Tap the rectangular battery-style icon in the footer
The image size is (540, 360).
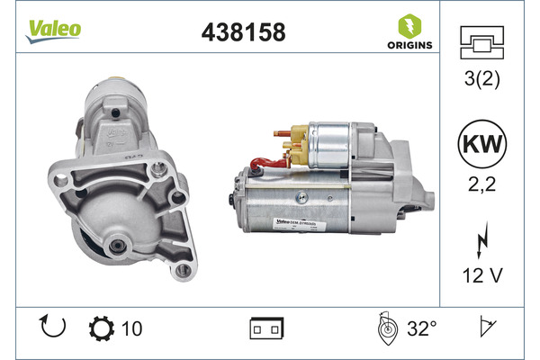click(x=269, y=329)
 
